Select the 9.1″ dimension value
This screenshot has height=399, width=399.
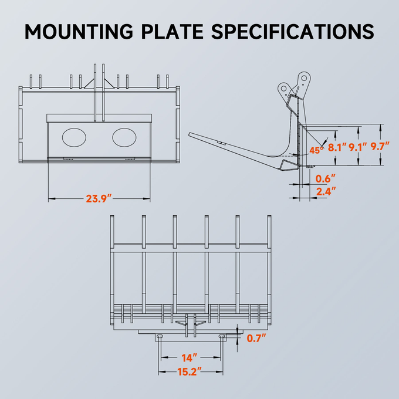coord(358,148)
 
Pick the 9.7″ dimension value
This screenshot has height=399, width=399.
coord(380,148)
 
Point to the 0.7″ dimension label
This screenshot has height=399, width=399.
coord(256,338)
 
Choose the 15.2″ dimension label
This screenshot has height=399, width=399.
coord(190,371)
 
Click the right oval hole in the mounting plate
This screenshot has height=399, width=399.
coord(124,137)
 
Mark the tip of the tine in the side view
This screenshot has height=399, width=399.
coord(191,135)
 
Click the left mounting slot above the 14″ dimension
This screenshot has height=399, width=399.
coord(158,336)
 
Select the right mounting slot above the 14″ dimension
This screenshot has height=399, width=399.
coord(222,336)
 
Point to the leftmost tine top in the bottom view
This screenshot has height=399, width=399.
coord(112,218)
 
